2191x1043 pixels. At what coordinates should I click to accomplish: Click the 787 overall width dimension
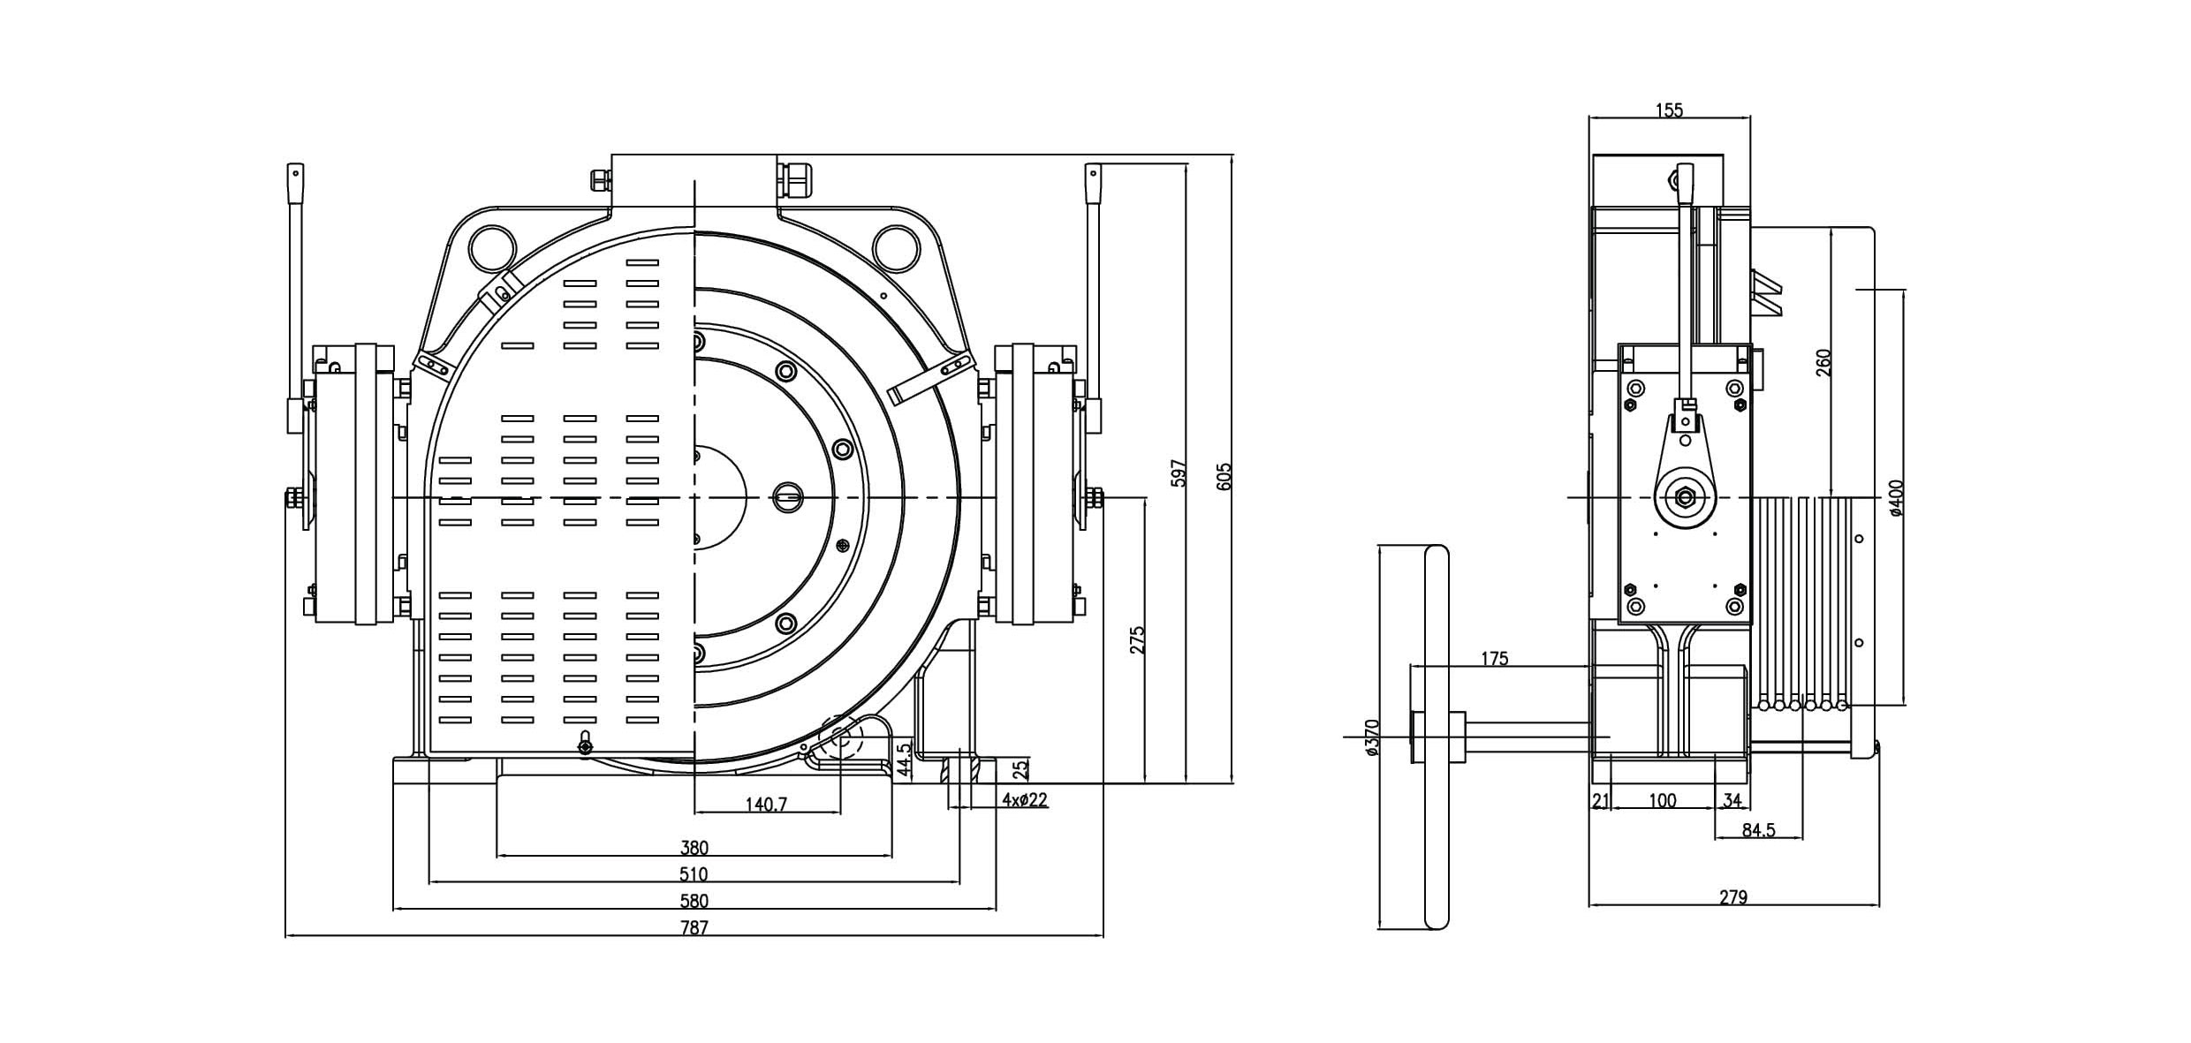(x=694, y=927)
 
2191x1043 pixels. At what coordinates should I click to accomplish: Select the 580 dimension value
(x=694, y=901)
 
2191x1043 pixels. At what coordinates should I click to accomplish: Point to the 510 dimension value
(x=694, y=874)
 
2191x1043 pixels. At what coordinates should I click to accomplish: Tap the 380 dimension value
(x=694, y=848)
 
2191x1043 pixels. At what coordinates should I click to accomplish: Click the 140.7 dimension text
(x=766, y=804)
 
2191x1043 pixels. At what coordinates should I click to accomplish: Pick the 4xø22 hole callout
(x=1025, y=800)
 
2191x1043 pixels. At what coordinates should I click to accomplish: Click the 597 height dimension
(x=1178, y=473)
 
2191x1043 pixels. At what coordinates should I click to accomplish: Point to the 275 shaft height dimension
(x=1137, y=640)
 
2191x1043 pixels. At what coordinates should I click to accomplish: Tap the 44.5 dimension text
(x=904, y=760)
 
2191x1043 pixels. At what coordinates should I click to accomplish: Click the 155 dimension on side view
(x=1669, y=110)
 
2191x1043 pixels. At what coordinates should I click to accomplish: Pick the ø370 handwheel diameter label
(x=1372, y=737)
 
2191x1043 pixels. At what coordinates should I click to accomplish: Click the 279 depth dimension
(x=1733, y=897)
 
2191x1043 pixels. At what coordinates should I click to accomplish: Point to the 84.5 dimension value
(x=1758, y=830)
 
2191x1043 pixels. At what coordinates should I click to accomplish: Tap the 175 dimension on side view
(x=1494, y=658)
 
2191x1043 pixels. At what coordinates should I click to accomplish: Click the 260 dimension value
(x=1823, y=362)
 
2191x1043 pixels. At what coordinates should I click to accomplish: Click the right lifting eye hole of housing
(x=895, y=248)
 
